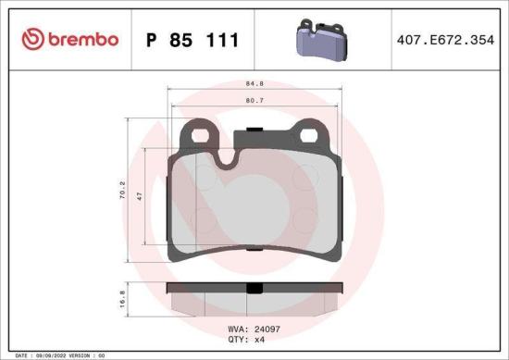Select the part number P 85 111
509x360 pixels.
point(192,40)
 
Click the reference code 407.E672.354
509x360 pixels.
point(446,40)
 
